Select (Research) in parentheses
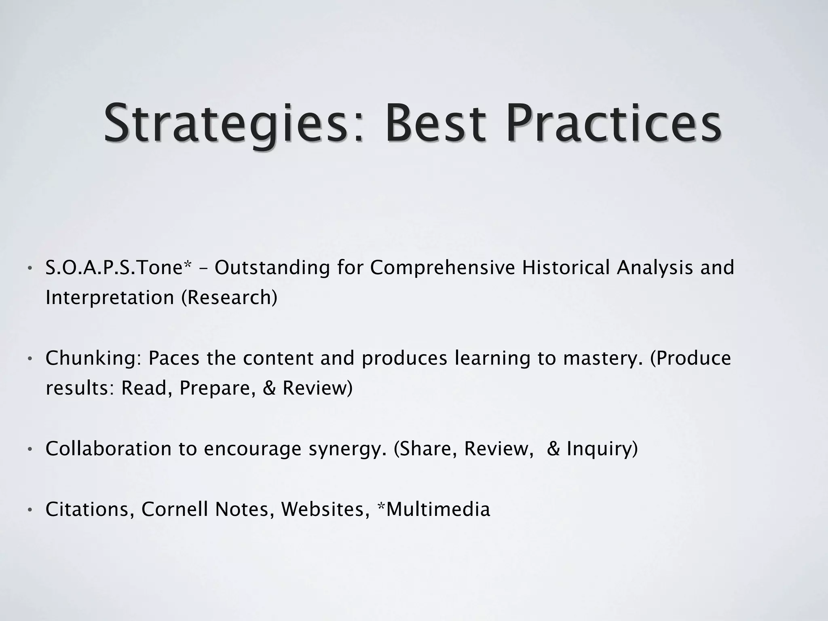[229, 298]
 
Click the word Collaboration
[108, 449]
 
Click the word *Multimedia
[433, 509]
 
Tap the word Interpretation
[110, 298]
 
